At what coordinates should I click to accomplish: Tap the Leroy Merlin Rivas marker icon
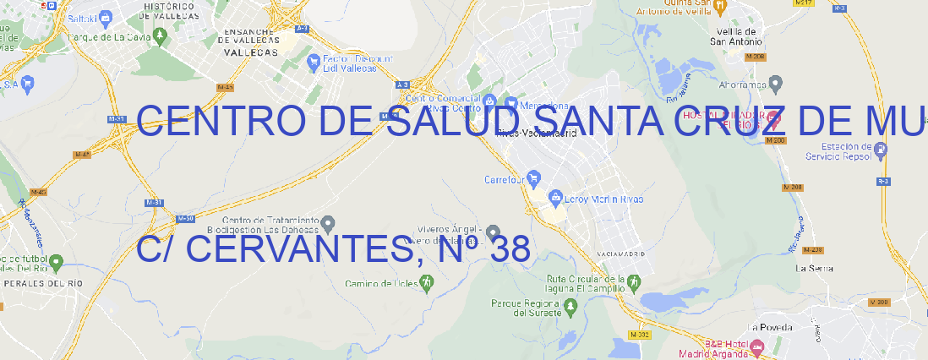pyautogui.click(x=555, y=199)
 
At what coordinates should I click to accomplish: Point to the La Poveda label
pyautogui.click(x=770, y=327)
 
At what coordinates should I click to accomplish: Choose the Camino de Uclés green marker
pyautogui.click(x=426, y=282)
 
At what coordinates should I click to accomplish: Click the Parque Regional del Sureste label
pyautogui.click(x=526, y=308)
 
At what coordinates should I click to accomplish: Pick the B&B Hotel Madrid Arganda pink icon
pyautogui.click(x=756, y=346)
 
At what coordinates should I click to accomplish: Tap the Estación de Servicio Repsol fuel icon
pyautogui.click(x=882, y=150)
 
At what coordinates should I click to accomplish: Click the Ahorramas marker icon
pyautogui.click(x=776, y=83)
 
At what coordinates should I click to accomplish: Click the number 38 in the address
pyautogui.click(x=509, y=249)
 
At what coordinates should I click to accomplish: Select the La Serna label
pyautogui.click(x=815, y=268)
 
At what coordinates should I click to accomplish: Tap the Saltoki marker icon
pyautogui.click(x=106, y=16)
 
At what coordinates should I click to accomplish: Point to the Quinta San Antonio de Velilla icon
pyautogui.click(x=720, y=7)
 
